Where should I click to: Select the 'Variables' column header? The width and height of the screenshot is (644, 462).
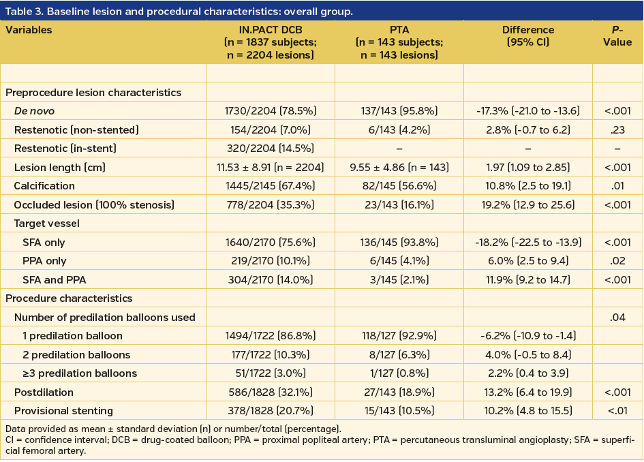[x=29, y=30]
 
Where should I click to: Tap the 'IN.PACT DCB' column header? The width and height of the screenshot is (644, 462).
[x=270, y=30]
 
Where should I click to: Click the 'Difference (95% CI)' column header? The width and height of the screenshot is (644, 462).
[x=527, y=36]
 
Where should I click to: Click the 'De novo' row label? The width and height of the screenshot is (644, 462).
[x=34, y=111]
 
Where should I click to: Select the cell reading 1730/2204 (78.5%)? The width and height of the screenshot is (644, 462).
[x=270, y=111]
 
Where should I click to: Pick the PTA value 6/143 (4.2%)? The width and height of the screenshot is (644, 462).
[x=399, y=129]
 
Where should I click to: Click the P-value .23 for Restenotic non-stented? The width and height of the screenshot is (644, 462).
[x=617, y=129]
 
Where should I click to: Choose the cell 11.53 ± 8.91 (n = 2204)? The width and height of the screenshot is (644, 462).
[x=270, y=167]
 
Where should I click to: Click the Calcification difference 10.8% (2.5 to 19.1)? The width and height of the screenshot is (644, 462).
[x=527, y=186]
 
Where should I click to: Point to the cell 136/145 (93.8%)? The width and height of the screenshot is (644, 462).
[x=399, y=242]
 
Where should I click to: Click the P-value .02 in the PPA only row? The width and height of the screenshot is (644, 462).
[x=617, y=260]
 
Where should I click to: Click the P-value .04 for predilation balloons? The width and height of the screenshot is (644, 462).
[x=617, y=317]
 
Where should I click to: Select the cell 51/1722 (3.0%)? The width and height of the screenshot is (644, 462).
[x=270, y=373]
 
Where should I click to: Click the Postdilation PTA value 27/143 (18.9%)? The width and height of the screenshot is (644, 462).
[x=399, y=392]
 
